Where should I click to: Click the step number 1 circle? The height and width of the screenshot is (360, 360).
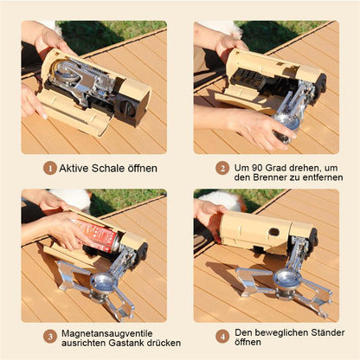tap(50, 168)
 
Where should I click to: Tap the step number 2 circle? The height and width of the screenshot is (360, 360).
tap(222, 168)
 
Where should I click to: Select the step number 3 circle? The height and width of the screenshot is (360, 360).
tap(50, 337)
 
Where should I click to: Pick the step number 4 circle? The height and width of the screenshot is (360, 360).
tap(222, 337)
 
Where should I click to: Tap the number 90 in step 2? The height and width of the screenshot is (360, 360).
tap(257, 168)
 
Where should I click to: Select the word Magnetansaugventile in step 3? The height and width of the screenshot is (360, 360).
tap(107, 333)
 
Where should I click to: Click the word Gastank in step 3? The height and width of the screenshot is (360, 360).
tap(126, 343)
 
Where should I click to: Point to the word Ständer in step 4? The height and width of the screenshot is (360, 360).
tap(328, 332)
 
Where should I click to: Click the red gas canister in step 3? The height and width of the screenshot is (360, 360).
tap(97, 235)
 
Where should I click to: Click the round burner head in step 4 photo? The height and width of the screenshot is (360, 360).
tap(285, 278)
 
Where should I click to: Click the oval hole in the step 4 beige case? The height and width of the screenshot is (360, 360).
tap(274, 232)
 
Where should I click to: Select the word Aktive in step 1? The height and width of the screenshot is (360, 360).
tap(74, 168)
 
